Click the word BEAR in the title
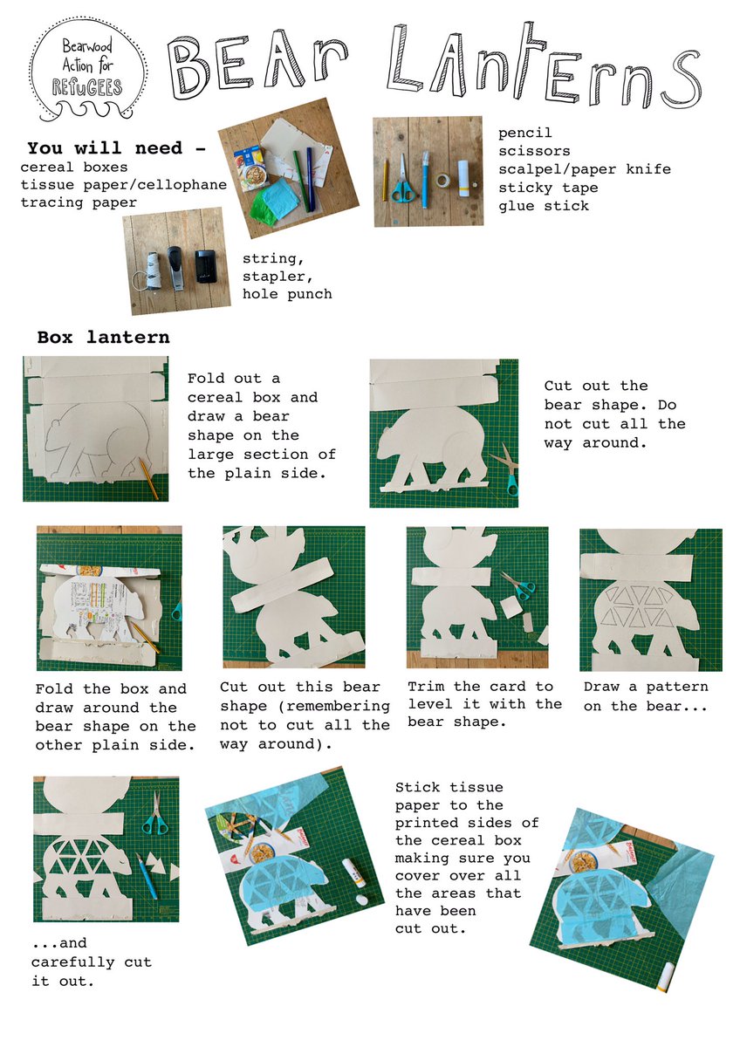pos(254,65)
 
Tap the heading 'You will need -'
pos(117,148)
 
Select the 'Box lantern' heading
pos(103,337)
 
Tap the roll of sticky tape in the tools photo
pos(444,181)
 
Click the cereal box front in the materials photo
pos(254,171)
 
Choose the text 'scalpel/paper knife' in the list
pos(584,169)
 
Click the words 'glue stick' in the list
pos(543,206)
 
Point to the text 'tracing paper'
pos(78,202)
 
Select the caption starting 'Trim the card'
pos(485,705)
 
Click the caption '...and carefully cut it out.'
pos(91,961)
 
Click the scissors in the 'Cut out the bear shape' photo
pos(505,469)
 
